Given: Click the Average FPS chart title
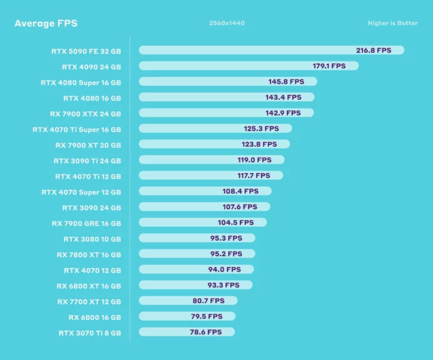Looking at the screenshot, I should point(46,24).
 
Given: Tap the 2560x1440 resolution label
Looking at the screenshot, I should point(227,24).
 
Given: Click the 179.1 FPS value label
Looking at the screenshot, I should point(329,66).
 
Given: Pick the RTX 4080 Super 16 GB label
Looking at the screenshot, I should point(81,82).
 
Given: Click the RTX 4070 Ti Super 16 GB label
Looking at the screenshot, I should point(77,129).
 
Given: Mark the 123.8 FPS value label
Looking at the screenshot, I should point(261,144).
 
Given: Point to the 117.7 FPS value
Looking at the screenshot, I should point(254,176).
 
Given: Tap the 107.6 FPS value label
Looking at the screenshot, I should point(241,207).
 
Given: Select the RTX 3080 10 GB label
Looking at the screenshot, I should point(92,239).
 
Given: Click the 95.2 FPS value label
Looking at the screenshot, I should point(226,254).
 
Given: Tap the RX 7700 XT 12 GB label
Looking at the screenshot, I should point(89,301).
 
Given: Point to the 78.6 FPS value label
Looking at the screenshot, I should point(206,332).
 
